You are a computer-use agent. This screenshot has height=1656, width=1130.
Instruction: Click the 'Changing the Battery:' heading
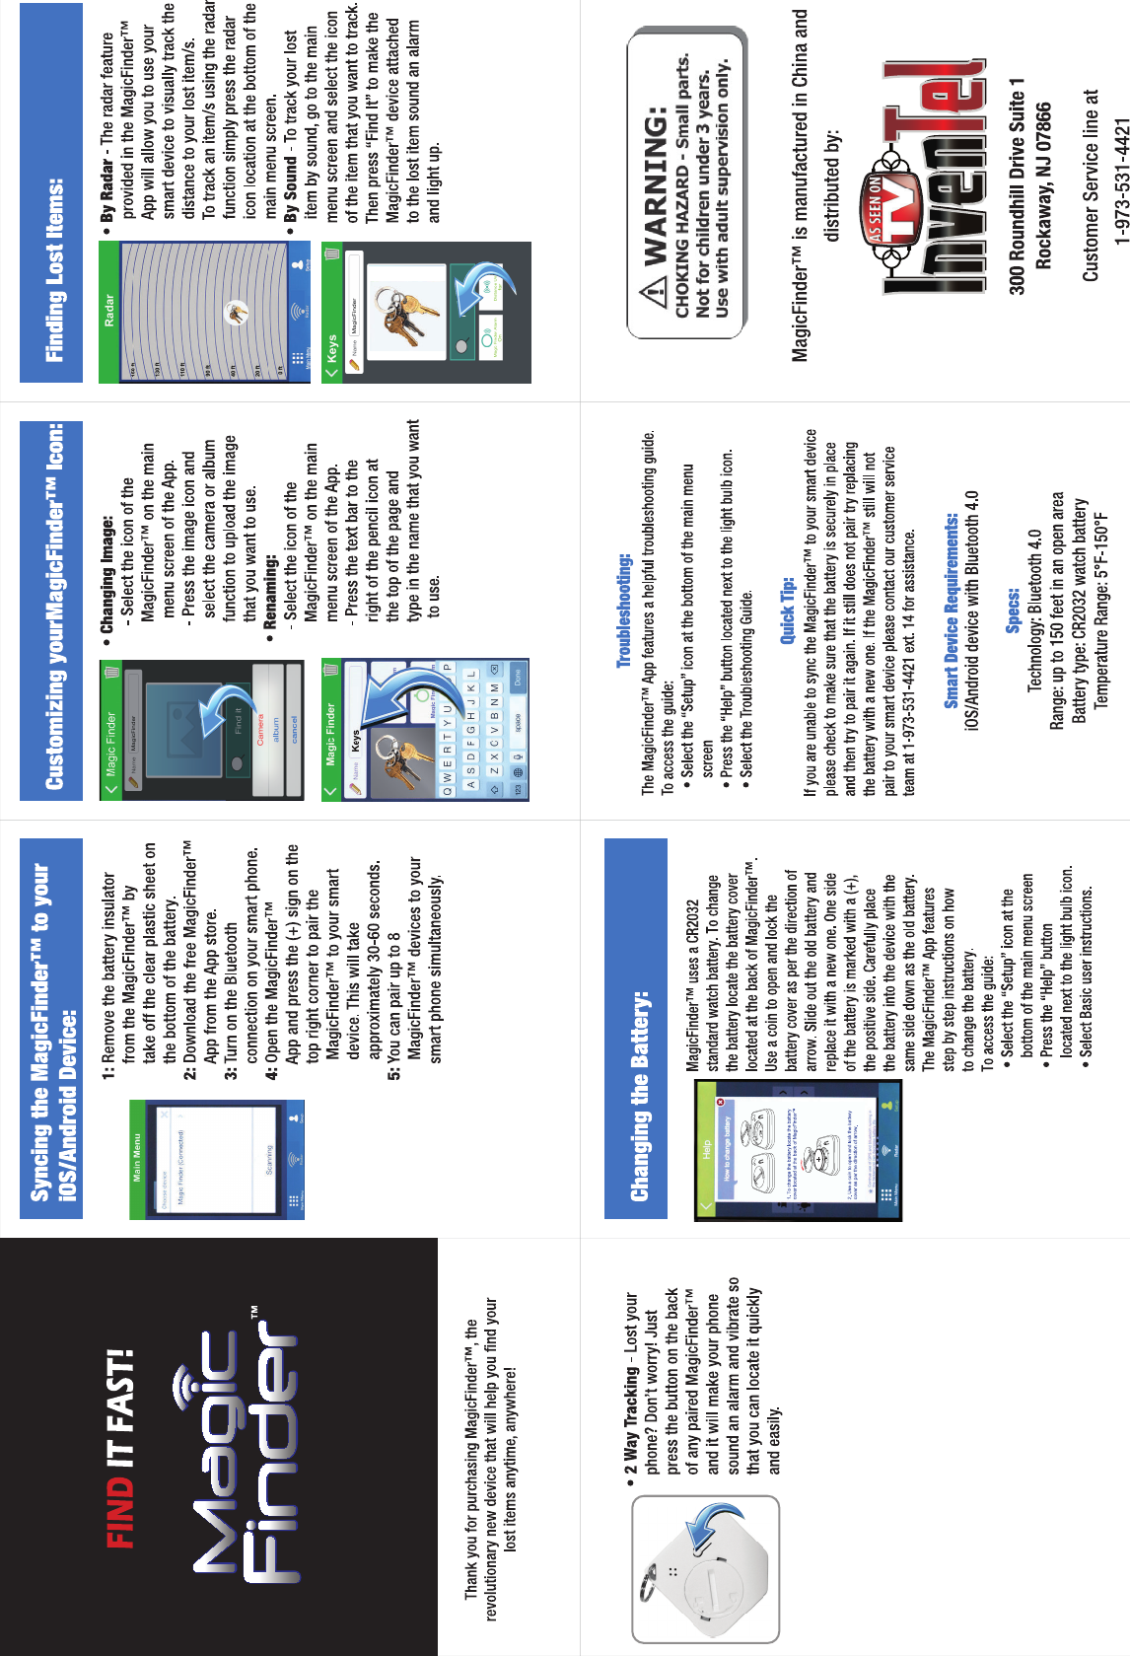pyautogui.click(x=639, y=1095)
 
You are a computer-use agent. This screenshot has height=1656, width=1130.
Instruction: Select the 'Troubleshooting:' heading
pyautogui.click(x=623, y=610)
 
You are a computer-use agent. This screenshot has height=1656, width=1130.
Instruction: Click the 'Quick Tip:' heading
pyautogui.click(x=787, y=611)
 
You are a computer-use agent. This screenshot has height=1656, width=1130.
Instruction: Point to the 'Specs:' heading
pyautogui.click(x=1013, y=611)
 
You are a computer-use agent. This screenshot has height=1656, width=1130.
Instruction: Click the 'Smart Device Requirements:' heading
pyautogui.click(x=951, y=611)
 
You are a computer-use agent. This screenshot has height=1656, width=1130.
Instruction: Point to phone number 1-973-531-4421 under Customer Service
pyautogui.click(x=1120, y=181)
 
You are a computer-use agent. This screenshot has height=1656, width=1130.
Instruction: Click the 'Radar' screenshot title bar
pyautogui.click(x=109, y=310)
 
